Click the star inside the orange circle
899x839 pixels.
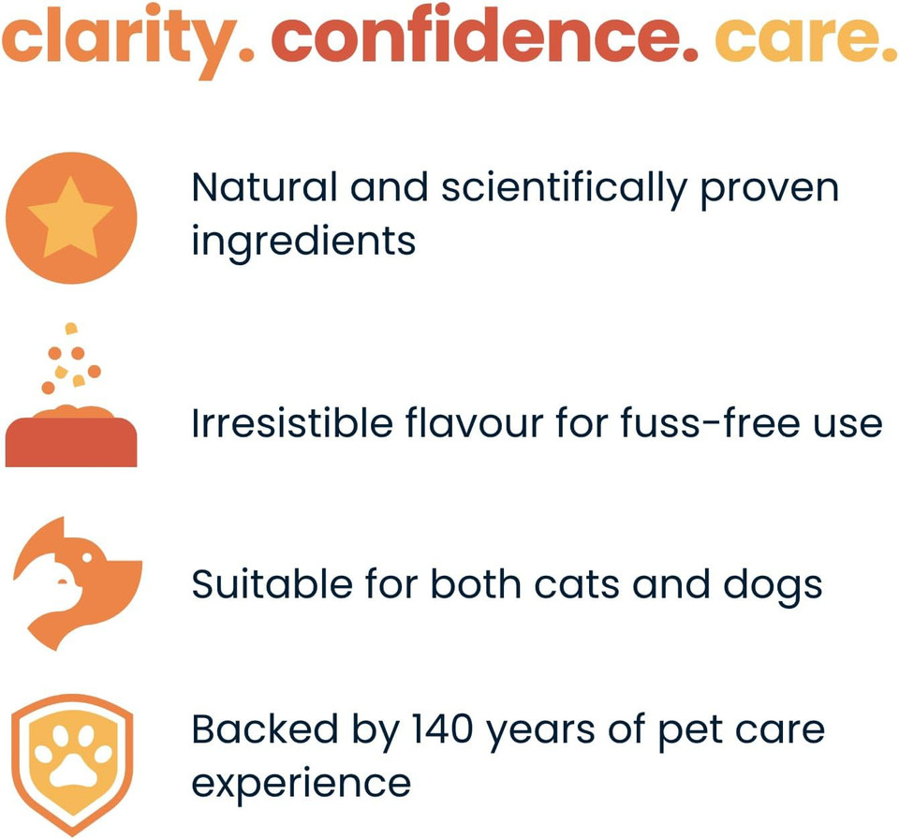click(x=70, y=217)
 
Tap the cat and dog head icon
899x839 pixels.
click(x=77, y=581)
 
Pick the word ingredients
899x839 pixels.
click(x=302, y=242)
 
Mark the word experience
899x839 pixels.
click(x=301, y=783)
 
